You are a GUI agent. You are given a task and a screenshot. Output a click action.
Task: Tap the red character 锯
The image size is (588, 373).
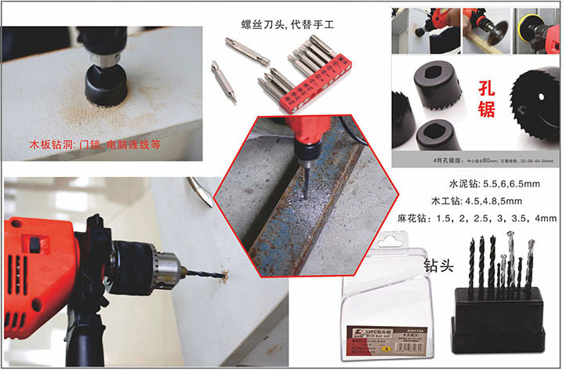486,110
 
